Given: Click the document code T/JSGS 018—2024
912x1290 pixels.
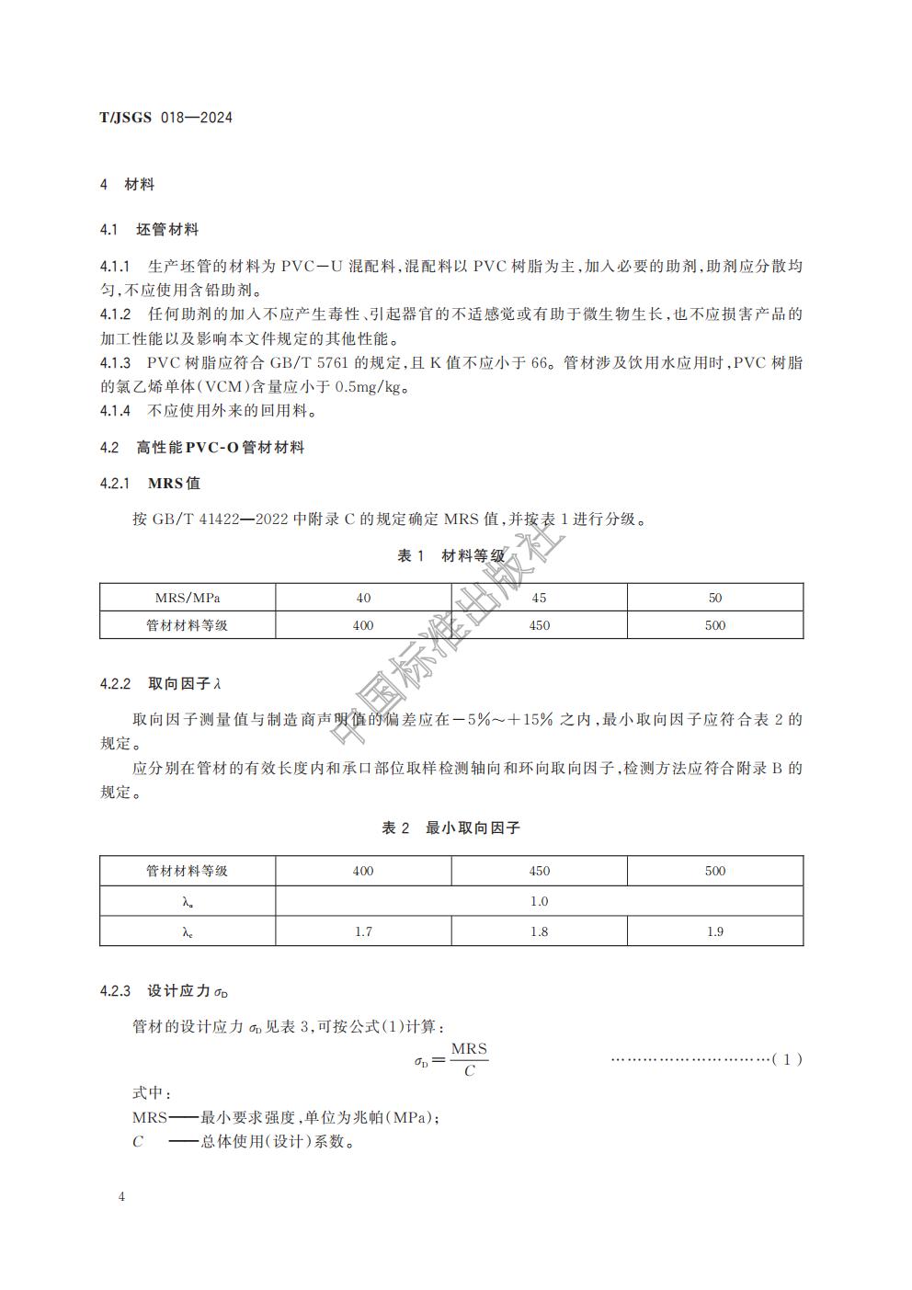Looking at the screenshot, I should coord(165,118).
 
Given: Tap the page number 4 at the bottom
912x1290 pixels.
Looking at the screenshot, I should coord(121,1196).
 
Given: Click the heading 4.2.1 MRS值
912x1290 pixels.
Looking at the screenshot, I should coord(150,484).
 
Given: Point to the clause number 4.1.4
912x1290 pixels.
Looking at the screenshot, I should coord(116,411).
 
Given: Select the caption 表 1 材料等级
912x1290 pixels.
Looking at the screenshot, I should coord(450,556).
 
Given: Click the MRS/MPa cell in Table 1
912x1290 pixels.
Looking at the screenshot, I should coord(188,598).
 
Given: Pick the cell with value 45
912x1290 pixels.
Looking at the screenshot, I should coord(539,598).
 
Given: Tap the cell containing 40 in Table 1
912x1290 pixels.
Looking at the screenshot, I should coord(363,598).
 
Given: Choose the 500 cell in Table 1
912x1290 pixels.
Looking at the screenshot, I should coord(714,625).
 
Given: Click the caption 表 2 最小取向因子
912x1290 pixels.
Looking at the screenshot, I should coord(450,828).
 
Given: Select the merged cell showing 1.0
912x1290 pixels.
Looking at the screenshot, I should coord(539,901).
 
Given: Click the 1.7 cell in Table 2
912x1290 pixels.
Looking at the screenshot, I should coord(363,931).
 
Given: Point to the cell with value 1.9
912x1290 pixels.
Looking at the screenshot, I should coord(714,931).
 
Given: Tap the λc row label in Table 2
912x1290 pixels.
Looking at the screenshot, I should coord(188,931).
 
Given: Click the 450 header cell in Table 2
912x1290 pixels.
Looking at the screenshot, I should coord(539,871).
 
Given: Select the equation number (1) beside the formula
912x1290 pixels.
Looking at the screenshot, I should coord(787,1059).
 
